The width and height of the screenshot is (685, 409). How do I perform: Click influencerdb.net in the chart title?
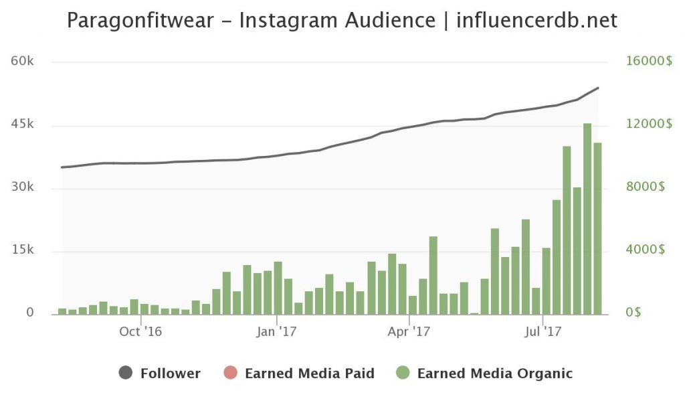(536, 20)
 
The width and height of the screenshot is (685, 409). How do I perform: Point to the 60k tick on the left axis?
(23, 62)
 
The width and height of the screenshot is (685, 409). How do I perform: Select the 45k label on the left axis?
(23, 125)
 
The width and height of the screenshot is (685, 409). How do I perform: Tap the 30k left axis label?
(23, 187)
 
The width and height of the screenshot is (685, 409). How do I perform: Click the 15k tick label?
(23, 250)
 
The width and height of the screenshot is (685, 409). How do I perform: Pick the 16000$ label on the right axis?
(649, 62)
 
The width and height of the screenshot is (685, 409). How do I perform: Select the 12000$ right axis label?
(649, 125)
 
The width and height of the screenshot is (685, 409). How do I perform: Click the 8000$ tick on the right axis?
(646, 187)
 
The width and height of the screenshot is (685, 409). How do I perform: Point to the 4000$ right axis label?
(646, 250)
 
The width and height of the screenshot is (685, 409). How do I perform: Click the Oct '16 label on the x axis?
(140, 331)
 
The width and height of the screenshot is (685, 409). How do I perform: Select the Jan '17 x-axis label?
(276, 331)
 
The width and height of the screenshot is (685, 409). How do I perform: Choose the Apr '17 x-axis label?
(409, 331)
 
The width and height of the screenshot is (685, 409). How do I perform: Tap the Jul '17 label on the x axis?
(542, 331)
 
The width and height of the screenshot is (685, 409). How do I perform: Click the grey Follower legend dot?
(125, 374)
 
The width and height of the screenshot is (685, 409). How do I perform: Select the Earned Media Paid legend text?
(310, 374)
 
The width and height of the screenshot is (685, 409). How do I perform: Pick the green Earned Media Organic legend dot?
(402, 374)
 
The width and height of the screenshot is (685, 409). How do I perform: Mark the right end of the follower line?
(598, 88)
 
